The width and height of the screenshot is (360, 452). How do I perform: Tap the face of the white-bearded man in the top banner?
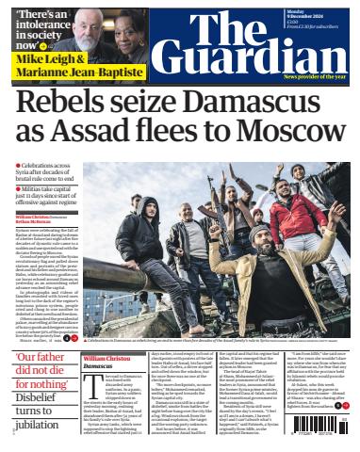point(107,24)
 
